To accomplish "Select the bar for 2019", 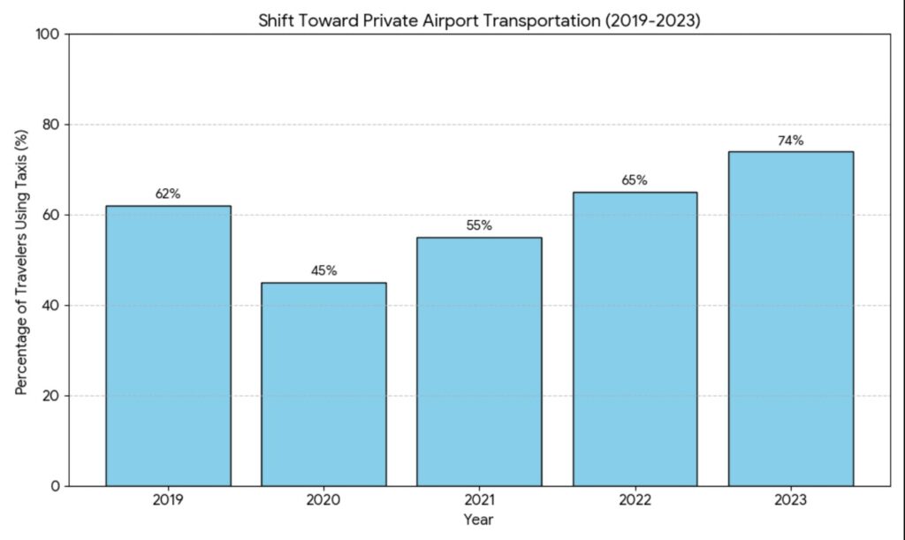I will click(x=168, y=346).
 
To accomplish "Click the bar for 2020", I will click(x=323, y=384).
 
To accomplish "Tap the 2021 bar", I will click(x=479, y=361).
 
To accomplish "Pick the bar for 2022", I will click(x=635, y=339).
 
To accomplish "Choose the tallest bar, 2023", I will click(x=790, y=319).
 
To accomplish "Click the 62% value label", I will click(x=168, y=194).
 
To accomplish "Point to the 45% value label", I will click(x=323, y=271).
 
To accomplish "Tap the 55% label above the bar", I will click(x=479, y=226).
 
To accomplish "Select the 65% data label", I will click(x=635, y=180).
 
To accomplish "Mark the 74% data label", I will click(x=790, y=141).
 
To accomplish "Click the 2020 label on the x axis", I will click(x=323, y=502).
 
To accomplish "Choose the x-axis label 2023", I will click(x=790, y=502).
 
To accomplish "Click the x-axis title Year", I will click(x=478, y=520).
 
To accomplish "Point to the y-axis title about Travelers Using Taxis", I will click(x=21, y=262).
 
